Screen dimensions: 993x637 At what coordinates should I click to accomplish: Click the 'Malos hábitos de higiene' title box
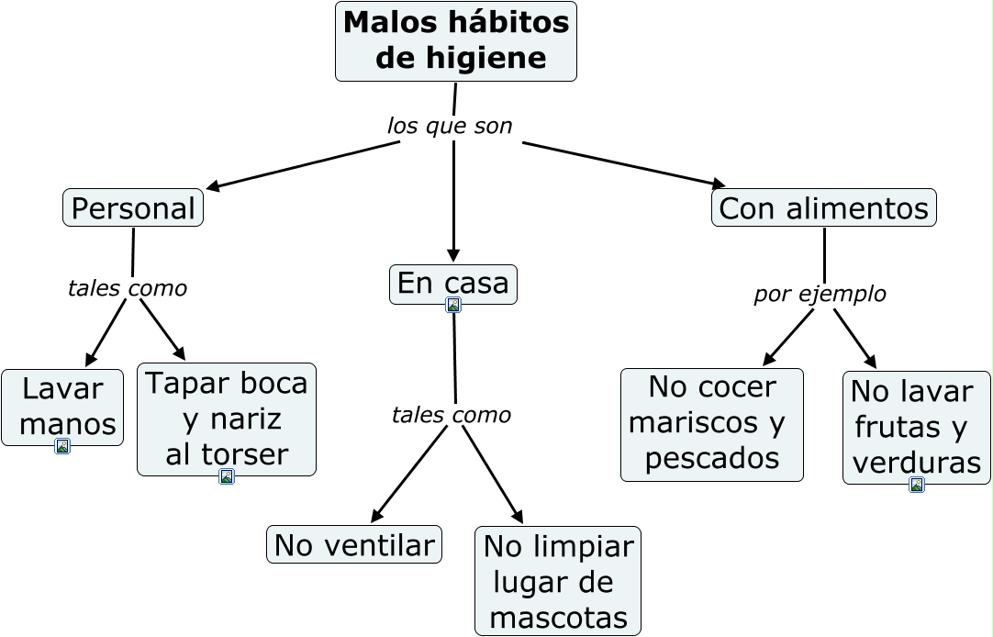[x=455, y=41]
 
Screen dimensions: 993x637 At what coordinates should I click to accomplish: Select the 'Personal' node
[x=133, y=208]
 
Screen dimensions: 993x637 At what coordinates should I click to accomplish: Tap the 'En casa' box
[x=452, y=284]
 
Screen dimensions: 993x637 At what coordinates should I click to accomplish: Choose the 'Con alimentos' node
[x=823, y=208]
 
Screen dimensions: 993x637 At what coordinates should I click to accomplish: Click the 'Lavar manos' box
[x=62, y=406]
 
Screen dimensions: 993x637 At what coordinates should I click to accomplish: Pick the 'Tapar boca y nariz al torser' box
[x=226, y=418]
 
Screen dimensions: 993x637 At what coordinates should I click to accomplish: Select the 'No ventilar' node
[x=353, y=545]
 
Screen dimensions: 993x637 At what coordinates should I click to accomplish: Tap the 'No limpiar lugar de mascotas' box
[x=557, y=581]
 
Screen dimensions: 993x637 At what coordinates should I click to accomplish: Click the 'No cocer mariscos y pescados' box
[x=711, y=424]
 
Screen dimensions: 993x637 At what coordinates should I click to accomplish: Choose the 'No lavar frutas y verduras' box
[x=915, y=427]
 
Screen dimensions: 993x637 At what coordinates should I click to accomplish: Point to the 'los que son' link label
[x=450, y=126]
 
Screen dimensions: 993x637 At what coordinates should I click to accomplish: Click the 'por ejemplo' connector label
[x=820, y=295]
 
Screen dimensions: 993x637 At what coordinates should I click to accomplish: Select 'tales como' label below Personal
[x=128, y=288]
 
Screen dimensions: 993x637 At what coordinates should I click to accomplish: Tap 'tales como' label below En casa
[x=451, y=415]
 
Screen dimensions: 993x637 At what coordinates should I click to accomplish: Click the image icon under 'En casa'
[x=453, y=305]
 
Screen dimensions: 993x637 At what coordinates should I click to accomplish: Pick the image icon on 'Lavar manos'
[x=62, y=446]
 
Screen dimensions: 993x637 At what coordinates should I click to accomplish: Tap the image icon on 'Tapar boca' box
[x=227, y=476]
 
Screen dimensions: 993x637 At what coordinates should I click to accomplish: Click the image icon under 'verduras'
[x=916, y=485]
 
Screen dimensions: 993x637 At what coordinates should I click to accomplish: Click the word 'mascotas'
[x=558, y=618]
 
